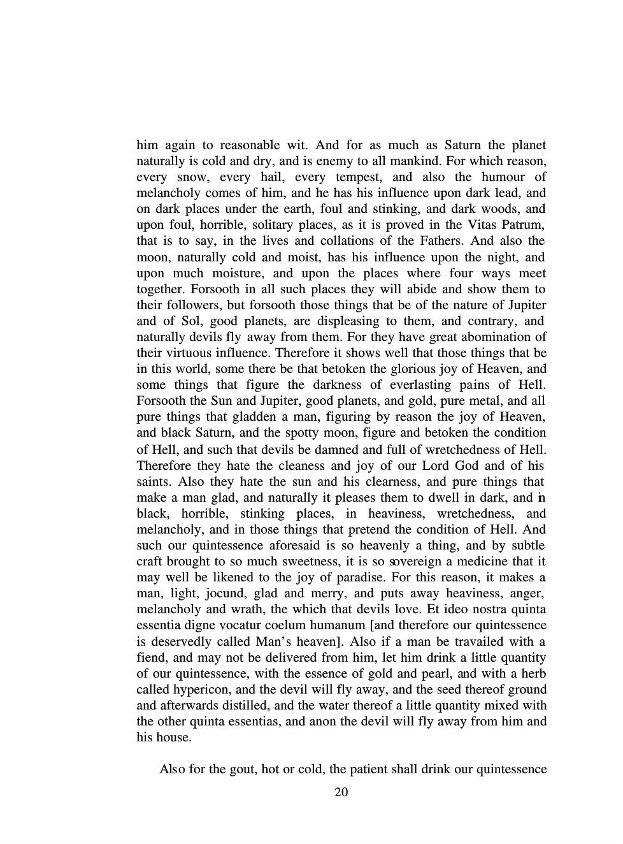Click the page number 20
(341, 792)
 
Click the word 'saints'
(153, 481)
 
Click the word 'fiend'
(150, 657)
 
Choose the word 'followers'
(190, 305)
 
